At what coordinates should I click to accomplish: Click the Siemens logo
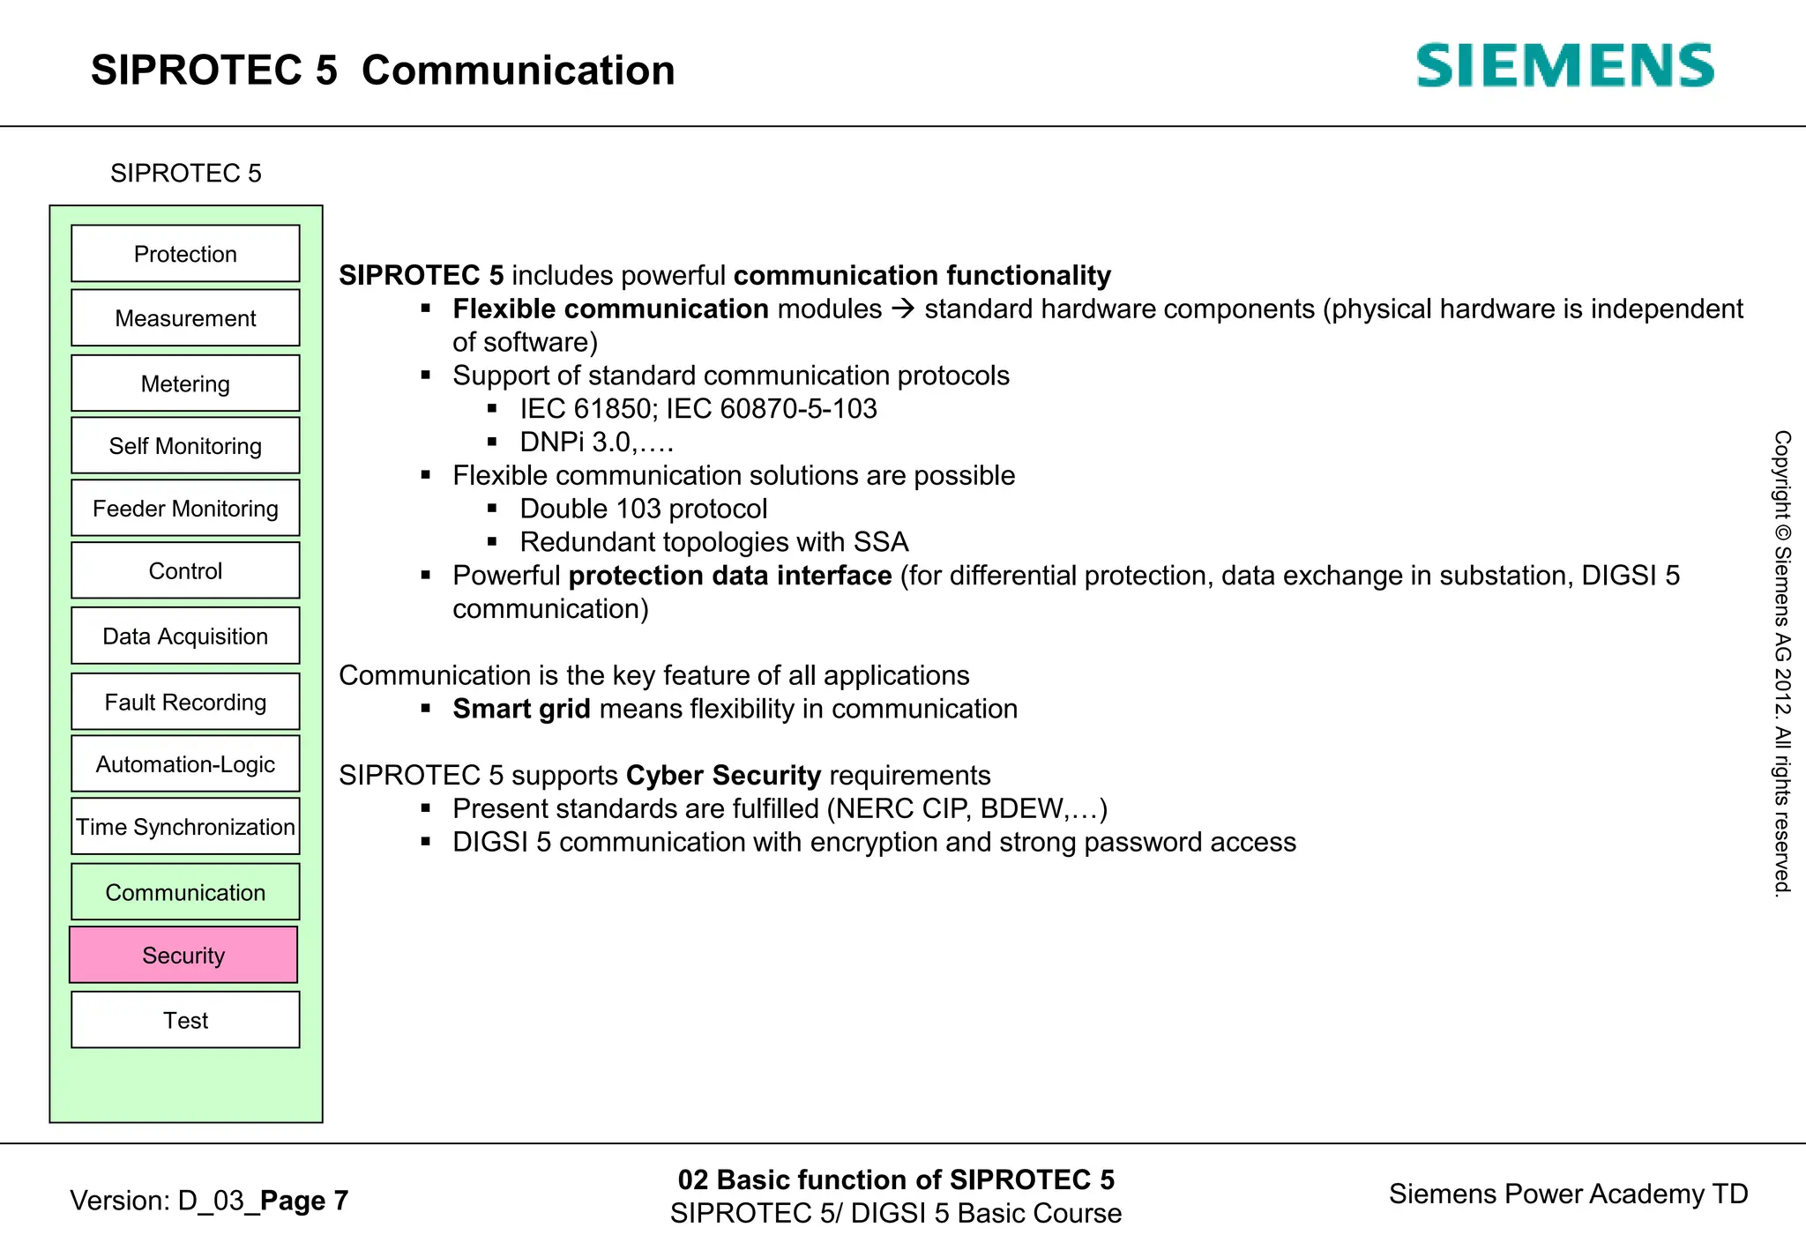[x=1564, y=66]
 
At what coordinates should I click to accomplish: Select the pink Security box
[x=183, y=955]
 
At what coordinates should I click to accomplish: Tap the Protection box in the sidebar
[x=185, y=254]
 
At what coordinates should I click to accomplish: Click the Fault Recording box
[x=185, y=702]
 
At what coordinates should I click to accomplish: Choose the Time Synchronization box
[x=185, y=827]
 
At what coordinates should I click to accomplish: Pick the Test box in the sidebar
[x=185, y=1020]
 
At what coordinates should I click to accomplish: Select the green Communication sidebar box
[x=185, y=892]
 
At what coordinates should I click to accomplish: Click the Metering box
[x=185, y=383]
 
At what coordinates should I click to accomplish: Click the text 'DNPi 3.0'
[x=575, y=442]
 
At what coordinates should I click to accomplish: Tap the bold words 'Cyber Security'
[x=723, y=775]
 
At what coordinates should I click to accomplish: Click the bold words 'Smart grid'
[x=521, y=709]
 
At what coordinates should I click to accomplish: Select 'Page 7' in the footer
[x=304, y=1200]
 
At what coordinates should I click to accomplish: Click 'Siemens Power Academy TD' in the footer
[x=1568, y=1194]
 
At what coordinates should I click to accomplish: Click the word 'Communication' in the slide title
[x=518, y=71]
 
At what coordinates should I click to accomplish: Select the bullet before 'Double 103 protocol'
[x=492, y=509]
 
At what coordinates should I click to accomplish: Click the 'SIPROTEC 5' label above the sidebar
[x=185, y=173]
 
